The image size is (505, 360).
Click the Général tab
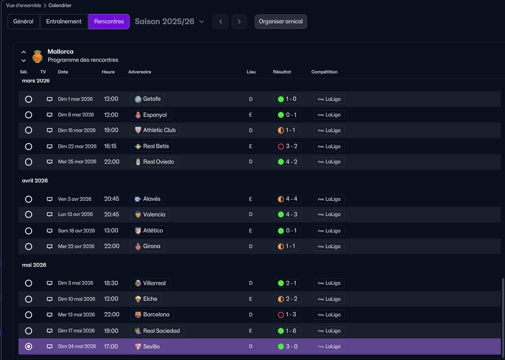[23, 21]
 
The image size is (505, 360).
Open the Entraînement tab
[64, 21]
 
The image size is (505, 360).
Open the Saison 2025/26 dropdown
[169, 21]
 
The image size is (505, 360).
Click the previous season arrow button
[221, 22]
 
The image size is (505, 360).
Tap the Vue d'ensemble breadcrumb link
[23, 5]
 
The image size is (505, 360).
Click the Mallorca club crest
[37, 56]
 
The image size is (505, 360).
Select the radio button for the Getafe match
[28, 99]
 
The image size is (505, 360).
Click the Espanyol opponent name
[155, 115]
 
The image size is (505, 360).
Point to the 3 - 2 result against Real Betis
[287, 146]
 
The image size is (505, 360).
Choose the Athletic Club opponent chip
[155, 130]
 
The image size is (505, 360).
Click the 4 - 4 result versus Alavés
[287, 199]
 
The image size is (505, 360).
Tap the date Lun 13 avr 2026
[75, 214]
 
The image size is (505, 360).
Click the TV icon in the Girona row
[49, 246]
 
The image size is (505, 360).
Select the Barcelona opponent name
[156, 314]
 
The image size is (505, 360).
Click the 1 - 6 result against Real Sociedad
[287, 331]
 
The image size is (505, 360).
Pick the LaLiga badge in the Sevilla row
[329, 346]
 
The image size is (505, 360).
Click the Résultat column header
[282, 72]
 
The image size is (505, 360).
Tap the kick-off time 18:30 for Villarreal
[111, 283]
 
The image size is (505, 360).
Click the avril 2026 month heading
[35, 181]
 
